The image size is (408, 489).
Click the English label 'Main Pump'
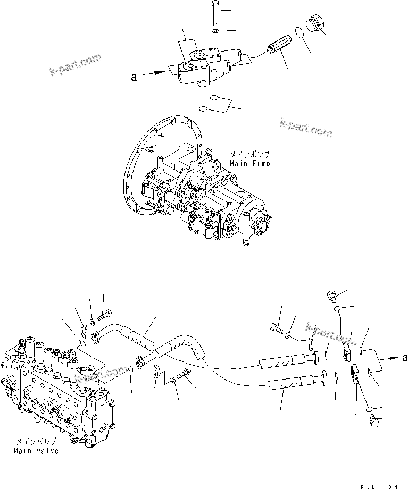(x=249, y=162)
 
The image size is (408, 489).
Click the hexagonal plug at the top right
(x=316, y=26)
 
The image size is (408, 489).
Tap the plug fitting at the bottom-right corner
(x=374, y=421)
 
